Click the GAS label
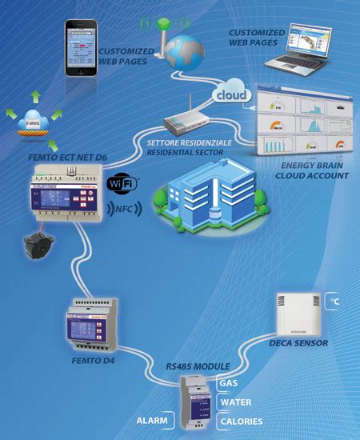pos(228,382)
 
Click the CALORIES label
pos(241,421)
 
